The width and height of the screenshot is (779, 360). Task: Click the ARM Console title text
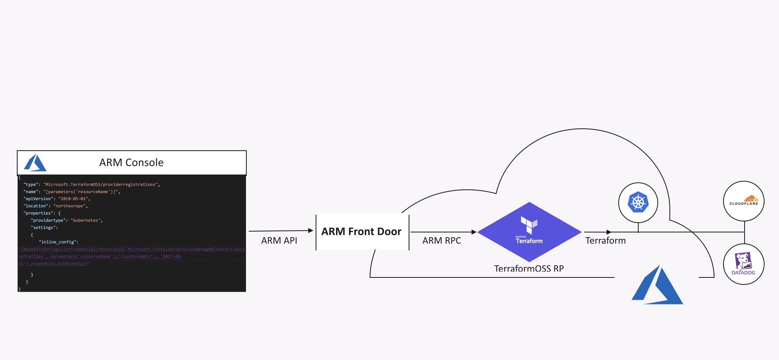click(x=131, y=162)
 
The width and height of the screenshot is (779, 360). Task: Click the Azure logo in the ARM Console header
click(x=35, y=163)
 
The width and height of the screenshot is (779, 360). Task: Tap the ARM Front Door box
click(x=362, y=232)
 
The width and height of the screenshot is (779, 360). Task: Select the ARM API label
click(x=279, y=241)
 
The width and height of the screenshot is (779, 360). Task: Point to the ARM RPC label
click(x=442, y=241)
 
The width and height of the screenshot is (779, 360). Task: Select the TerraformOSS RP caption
click(x=529, y=268)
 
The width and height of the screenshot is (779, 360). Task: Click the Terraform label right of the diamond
click(x=605, y=241)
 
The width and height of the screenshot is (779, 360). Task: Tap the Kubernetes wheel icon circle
click(x=638, y=203)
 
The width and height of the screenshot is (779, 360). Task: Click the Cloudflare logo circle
click(x=743, y=201)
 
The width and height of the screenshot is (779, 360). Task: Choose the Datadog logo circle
click(x=743, y=264)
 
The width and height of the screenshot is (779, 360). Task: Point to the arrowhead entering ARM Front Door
click(x=311, y=230)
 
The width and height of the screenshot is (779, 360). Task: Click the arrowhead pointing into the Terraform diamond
click(x=474, y=232)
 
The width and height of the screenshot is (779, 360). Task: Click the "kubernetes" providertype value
click(x=86, y=220)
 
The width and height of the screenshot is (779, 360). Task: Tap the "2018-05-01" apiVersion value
click(x=73, y=199)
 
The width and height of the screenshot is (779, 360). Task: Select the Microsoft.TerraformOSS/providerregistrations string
click(x=101, y=184)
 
